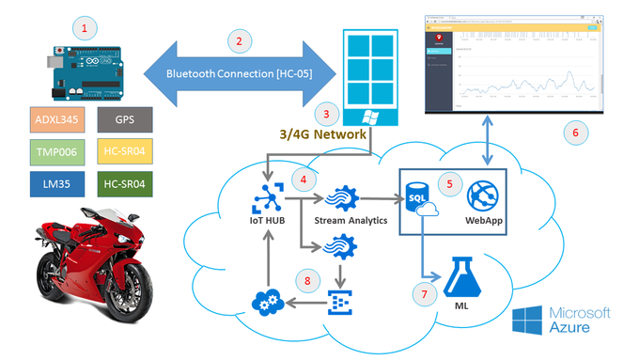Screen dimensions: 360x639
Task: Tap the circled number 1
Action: [x=86, y=27]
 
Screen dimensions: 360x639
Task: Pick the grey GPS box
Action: [x=124, y=120]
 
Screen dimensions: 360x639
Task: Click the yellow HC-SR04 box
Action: [x=124, y=150]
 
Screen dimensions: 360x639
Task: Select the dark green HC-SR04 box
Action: [x=124, y=180]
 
